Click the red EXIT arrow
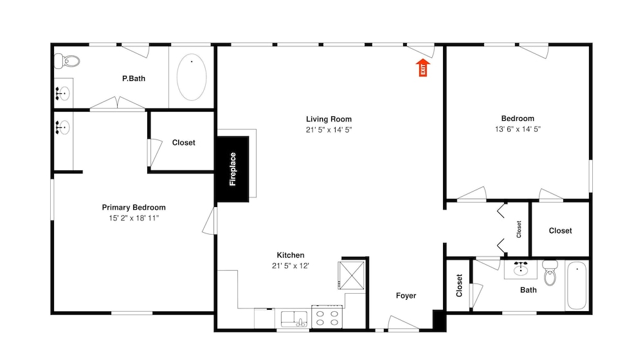[423, 67]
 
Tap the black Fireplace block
[233, 169]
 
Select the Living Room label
[329, 120]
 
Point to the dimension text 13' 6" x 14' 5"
[518, 129]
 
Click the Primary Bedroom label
[134, 208]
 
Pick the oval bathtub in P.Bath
[192, 77]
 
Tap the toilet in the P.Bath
[66, 62]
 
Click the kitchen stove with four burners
[327, 317]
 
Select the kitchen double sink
[294, 319]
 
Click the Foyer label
[406, 296]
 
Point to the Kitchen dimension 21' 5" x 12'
[291, 265]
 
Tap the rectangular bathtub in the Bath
[576, 285]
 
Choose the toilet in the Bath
[550, 273]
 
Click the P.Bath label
[134, 78]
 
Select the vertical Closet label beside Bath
[459, 285]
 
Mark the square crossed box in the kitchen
[352, 275]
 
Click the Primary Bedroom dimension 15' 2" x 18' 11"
[134, 218]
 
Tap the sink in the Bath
[520, 269]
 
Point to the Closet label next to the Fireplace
[183, 143]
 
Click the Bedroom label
[518, 118]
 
